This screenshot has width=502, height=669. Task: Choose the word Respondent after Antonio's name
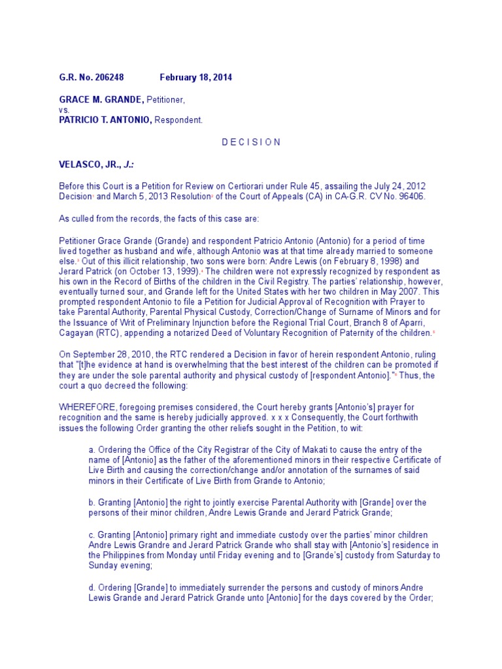pyautogui.click(x=178, y=120)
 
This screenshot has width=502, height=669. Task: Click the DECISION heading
pyautogui.click(x=251, y=142)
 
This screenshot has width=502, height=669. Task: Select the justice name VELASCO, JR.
pyautogui.click(x=89, y=164)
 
